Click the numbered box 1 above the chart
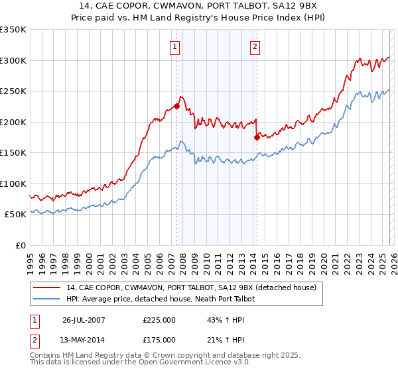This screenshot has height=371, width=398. tap(174, 46)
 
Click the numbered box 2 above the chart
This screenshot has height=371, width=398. tap(255, 46)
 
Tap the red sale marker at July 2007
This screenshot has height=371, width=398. tap(177, 106)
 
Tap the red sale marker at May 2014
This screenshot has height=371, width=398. tap(257, 138)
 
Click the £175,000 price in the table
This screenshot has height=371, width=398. tap(159, 339)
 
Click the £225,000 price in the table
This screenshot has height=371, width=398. tap(159, 319)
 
